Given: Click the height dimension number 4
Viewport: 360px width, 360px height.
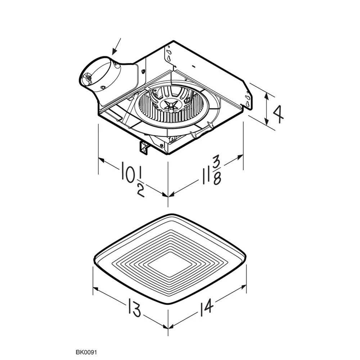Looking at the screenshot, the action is (278, 114).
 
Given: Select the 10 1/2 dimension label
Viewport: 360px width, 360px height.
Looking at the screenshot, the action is (133, 179).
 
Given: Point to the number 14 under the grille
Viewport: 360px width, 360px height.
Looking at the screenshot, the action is (206, 307).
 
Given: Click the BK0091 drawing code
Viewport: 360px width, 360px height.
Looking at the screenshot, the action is (86, 352).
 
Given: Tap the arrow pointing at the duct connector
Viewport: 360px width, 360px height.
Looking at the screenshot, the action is (116, 46).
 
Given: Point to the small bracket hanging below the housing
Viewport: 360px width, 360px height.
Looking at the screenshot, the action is (144, 148).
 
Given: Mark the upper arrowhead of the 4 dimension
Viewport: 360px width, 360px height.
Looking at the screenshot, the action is (266, 96).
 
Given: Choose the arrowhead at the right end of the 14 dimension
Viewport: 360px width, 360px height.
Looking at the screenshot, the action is (243, 287).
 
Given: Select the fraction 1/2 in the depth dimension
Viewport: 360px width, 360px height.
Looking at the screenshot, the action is (141, 183).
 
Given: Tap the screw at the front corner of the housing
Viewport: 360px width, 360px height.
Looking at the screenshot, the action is (162, 145).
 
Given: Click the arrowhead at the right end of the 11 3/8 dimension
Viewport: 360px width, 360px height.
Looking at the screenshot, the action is (240, 157).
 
